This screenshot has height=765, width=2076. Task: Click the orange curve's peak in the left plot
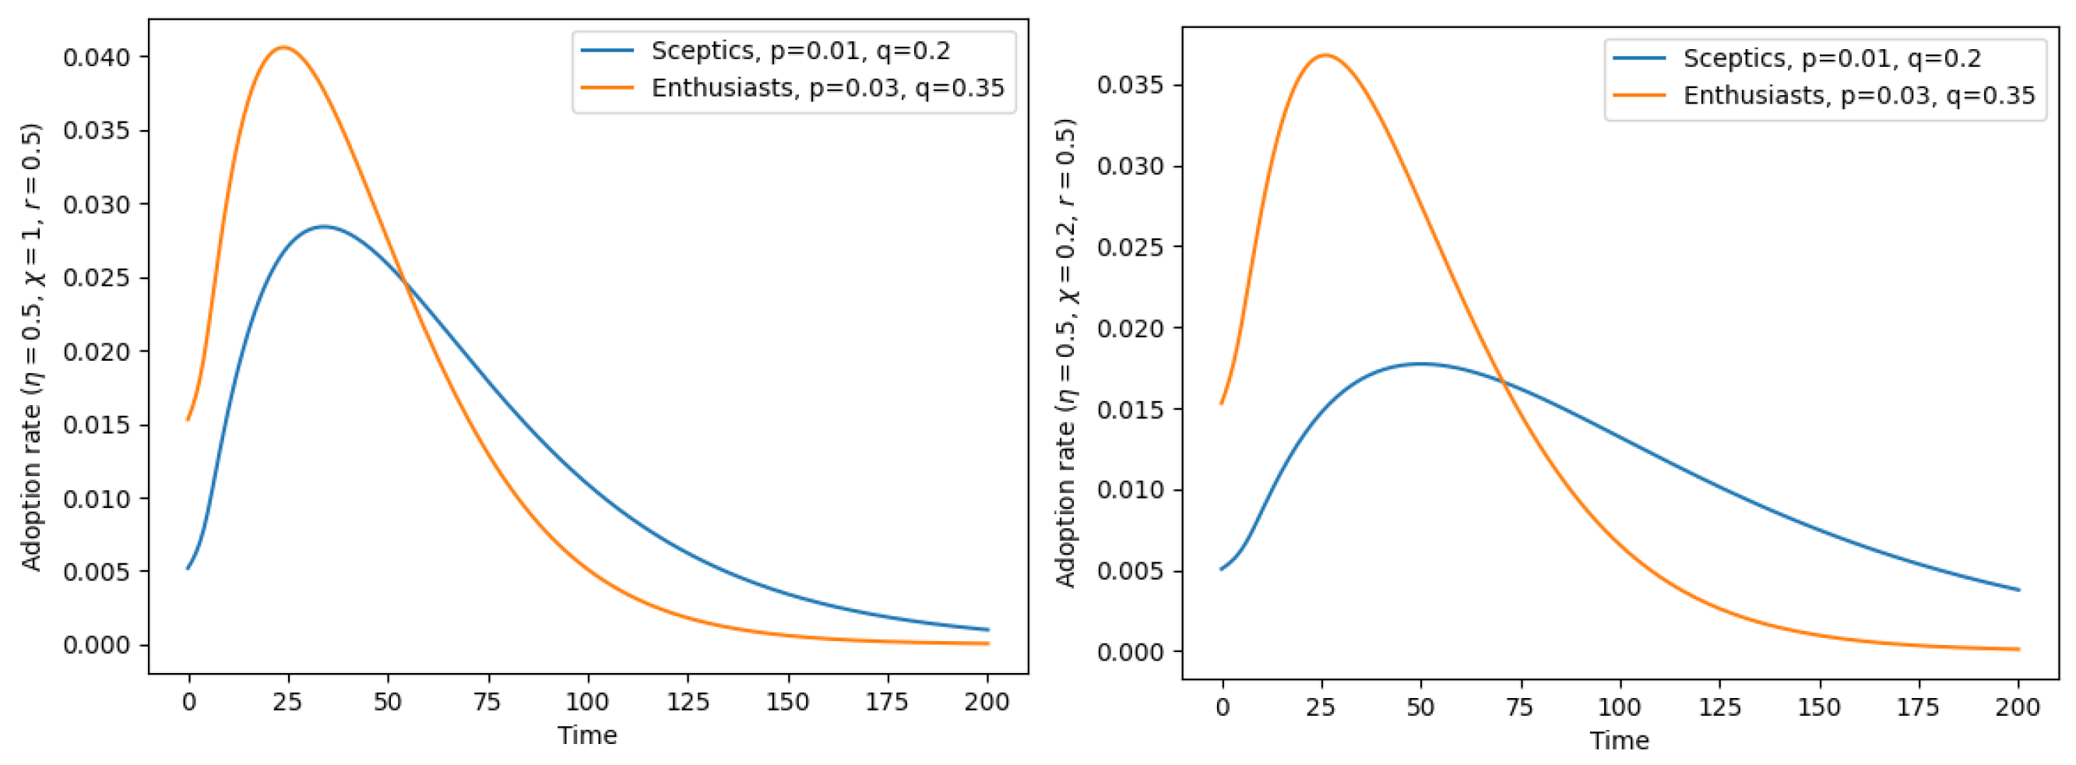pos(283,48)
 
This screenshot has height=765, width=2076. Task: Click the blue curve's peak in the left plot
pos(323,227)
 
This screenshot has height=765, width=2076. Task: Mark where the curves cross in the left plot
pos(405,283)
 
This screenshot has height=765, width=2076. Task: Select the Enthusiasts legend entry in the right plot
pos(1858,95)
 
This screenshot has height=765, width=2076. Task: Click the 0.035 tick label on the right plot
pos(1130,86)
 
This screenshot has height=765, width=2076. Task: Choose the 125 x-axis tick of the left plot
pos(688,701)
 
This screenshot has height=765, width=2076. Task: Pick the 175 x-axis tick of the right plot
pos(1918,707)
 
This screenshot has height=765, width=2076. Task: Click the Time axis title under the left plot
pos(586,735)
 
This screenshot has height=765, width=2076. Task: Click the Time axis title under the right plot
pos(1619,740)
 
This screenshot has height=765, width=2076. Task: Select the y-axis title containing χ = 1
pos(31,347)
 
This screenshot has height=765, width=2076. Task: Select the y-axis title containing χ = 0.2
pos(1065,353)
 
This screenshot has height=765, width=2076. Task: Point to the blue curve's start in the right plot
pos(1222,569)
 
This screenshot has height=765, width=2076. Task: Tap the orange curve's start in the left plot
pos(188,419)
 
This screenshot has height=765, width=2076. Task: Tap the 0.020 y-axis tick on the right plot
pos(1130,328)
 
